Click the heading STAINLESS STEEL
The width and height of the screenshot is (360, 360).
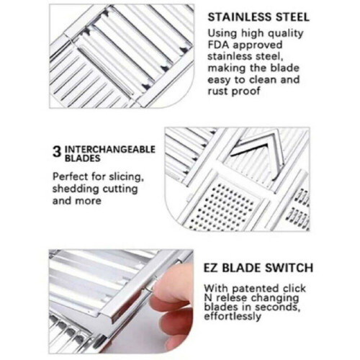click(x=258, y=17)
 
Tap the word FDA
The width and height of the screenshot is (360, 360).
click(x=218, y=45)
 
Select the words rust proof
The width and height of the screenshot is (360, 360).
click(x=234, y=91)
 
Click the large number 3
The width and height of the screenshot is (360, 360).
click(x=57, y=152)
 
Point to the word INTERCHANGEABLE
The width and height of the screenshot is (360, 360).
click(x=110, y=149)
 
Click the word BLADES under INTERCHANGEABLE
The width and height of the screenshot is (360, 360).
click(x=82, y=158)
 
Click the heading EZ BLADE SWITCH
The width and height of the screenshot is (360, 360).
click(x=258, y=268)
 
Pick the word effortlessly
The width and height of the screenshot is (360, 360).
click(x=233, y=316)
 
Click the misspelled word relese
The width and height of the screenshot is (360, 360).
click(x=231, y=298)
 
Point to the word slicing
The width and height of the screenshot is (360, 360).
click(x=127, y=177)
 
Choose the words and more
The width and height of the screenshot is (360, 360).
click(x=77, y=201)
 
